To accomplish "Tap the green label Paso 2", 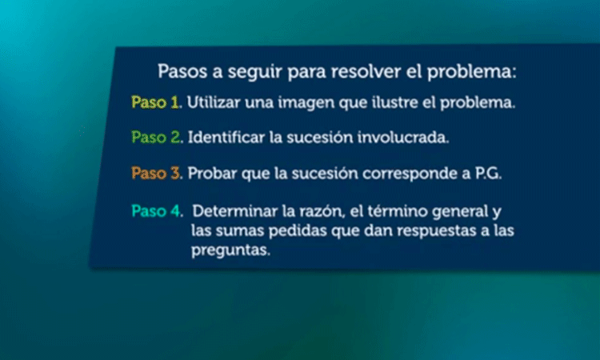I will point(157,138).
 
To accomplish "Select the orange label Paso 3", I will point(157,173).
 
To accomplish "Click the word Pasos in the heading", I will point(180,70).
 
